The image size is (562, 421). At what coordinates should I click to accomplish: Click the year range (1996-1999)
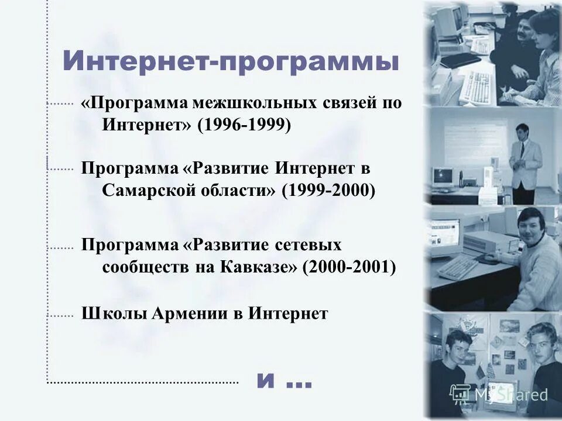244,125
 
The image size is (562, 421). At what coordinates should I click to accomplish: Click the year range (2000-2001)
349,267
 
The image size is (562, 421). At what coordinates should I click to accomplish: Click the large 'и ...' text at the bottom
284,381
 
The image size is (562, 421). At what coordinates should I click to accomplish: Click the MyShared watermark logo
498,394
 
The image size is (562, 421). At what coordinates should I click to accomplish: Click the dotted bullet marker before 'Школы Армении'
59,315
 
